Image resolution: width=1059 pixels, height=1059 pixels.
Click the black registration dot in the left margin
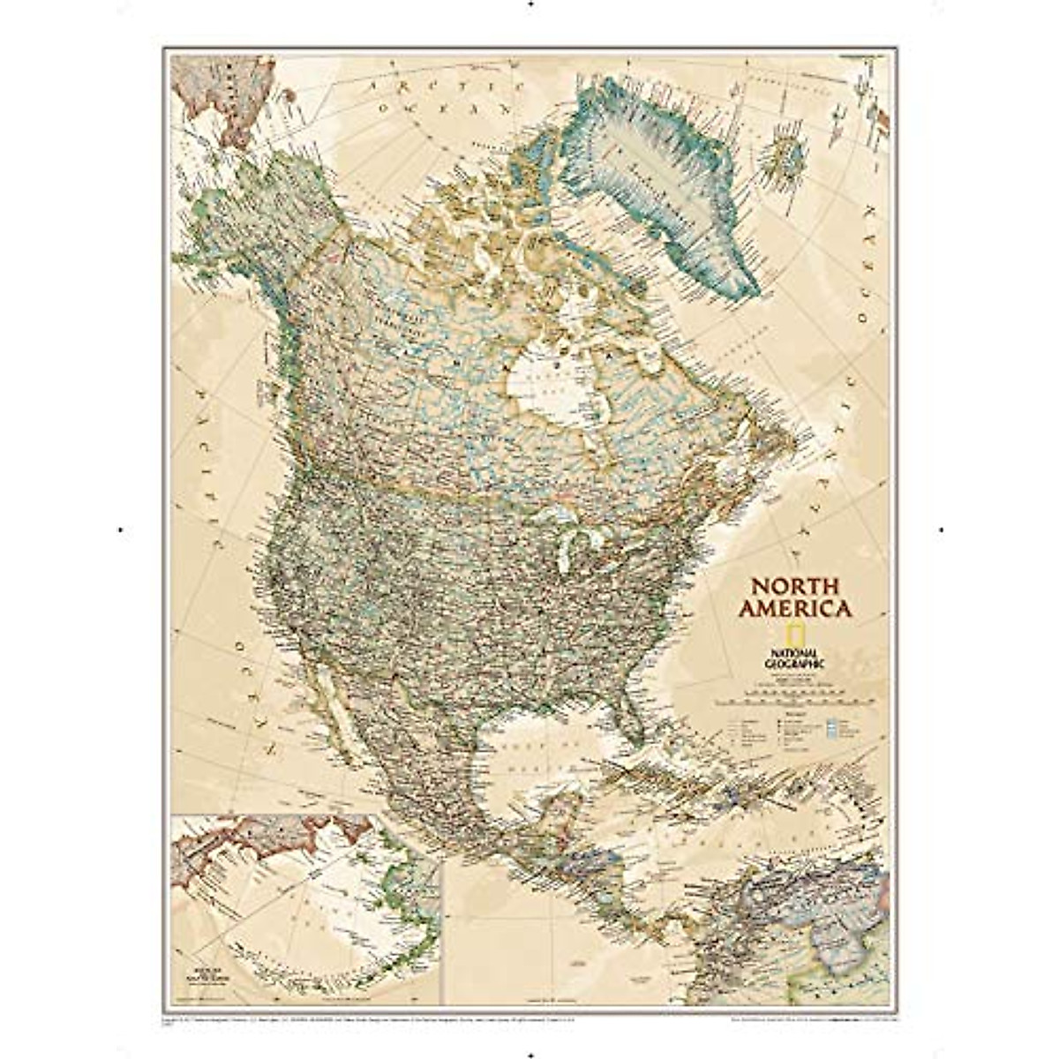click(x=119, y=529)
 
